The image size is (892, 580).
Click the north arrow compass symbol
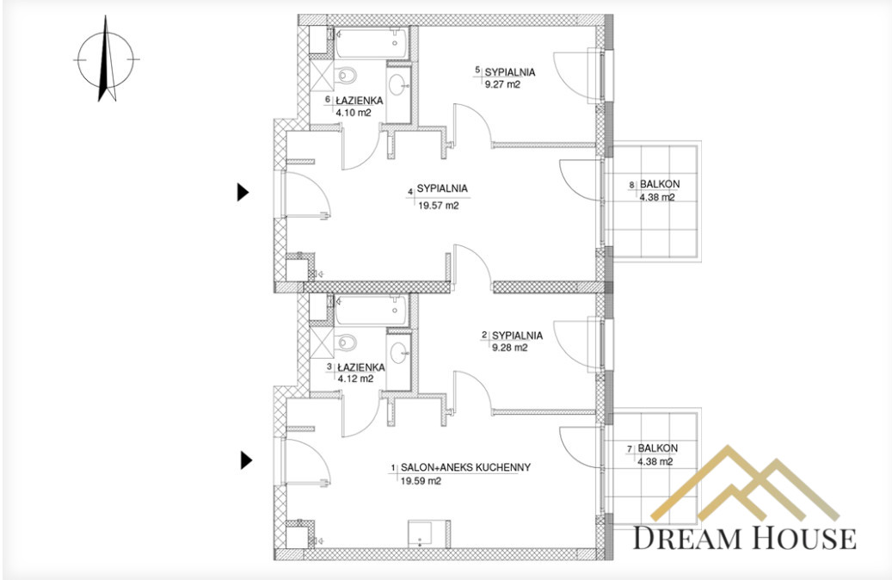point(107,59)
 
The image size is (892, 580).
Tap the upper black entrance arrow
point(243,193)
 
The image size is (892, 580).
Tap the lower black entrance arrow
point(246,460)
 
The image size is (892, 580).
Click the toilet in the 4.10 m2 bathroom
point(345,75)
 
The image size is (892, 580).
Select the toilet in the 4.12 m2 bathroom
point(346,342)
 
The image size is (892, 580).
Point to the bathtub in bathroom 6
point(371,43)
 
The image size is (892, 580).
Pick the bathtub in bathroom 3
point(371,310)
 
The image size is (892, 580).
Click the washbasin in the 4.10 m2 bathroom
point(399,86)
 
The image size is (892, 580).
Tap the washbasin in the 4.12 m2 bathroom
point(399,353)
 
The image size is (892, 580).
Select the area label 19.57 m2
point(438,206)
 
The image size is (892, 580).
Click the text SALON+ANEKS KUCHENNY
point(465,467)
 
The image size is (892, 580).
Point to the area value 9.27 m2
point(502,85)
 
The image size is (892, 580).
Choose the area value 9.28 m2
point(510,348)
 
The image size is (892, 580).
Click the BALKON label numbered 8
point(660,184)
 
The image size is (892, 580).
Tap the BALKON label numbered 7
point(658,448)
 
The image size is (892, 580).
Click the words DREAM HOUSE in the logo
point(745,537)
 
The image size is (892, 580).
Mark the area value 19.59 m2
point(421,481)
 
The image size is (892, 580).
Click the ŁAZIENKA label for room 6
point(359,101)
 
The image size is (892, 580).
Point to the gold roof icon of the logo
point(745,483)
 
